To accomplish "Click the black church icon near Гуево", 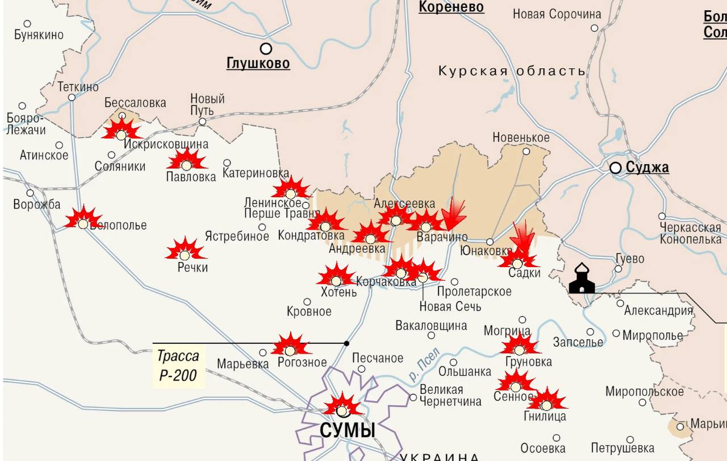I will [x=582, y=279].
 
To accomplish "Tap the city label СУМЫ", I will [x=348, y=430].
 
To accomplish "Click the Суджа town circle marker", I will [x=615, y=168].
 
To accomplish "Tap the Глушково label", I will [x=258, y=63].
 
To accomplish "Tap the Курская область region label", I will [x=511, y=71].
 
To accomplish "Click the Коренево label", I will [x=451, y=7].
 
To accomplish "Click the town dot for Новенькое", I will [x=526, y=151].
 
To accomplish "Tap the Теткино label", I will [x=78, y=87].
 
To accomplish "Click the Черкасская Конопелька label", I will [x=690, y=234].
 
